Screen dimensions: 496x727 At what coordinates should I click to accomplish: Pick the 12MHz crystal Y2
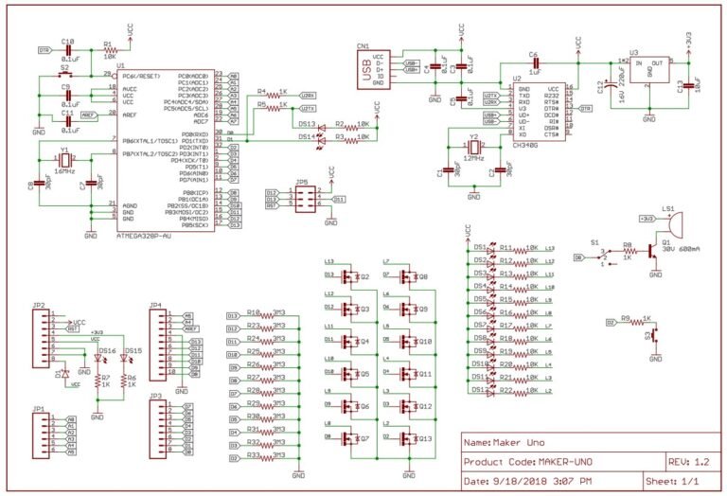(473, 150)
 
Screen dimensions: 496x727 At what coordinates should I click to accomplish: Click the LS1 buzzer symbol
(673, 223)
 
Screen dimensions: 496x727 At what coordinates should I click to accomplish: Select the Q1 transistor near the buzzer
(652, 253)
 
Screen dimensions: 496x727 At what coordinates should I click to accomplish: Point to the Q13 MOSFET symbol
(408, 439)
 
